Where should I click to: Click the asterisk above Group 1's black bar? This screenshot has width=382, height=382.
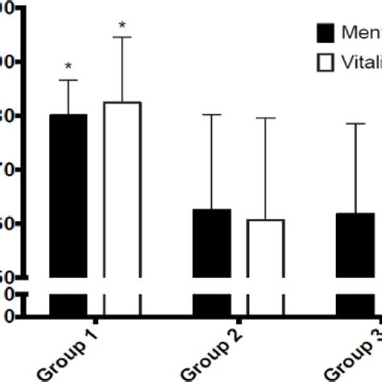(x=69, y=67)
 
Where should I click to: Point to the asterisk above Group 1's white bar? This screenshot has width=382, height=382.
(x=122, y=26)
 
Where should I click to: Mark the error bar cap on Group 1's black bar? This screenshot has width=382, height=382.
(x=69, y=80)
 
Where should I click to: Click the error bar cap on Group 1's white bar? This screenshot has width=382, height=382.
(x=122, y=37)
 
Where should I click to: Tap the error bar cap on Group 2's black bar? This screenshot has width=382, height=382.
(x=211, y=114)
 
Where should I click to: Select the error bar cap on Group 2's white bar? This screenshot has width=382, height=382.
(x=265, y=118)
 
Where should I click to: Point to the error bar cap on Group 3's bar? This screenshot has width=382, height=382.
(x=355, y=123)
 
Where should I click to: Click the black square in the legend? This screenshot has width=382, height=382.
(x=325, y=32)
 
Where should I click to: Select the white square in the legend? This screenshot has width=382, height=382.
(x=325, y=62)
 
